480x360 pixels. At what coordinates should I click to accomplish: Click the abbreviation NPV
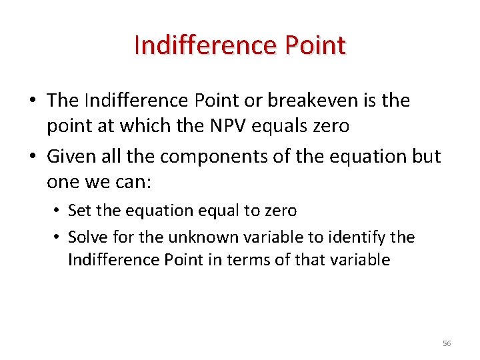tap(249, 125)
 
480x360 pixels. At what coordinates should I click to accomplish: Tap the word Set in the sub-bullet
tap(80, 211)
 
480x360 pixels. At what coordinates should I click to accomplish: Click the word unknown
tap(197, 237)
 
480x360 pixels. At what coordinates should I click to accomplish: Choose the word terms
tap(255, 259)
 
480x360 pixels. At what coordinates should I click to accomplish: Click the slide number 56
tap(447, 343)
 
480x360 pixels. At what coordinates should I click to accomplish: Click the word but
tap(426, 156)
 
